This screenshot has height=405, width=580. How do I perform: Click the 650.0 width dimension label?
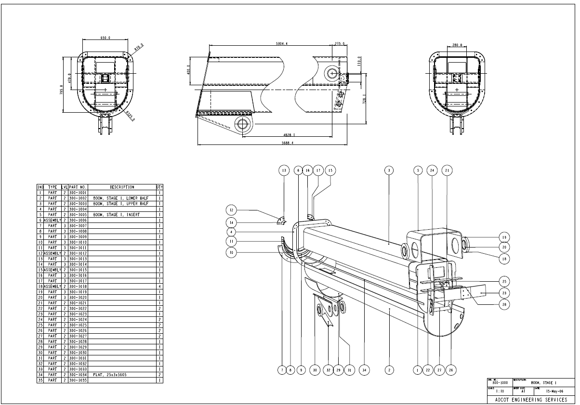(105, 38)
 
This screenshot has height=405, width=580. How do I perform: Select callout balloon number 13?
(284, 170)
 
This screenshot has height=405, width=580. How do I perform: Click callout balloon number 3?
(389, 170)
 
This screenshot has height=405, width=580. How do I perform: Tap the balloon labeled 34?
(365, 370)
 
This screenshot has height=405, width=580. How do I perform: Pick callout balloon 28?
(503, 304)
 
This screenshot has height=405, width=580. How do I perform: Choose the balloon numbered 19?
(503, 237)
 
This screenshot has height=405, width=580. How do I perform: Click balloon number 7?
(280, 370)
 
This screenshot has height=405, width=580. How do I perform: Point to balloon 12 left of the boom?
(232, 210)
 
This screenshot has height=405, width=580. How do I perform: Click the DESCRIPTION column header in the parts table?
(122, 187)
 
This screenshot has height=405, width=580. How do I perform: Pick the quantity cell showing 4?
(159, 286)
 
